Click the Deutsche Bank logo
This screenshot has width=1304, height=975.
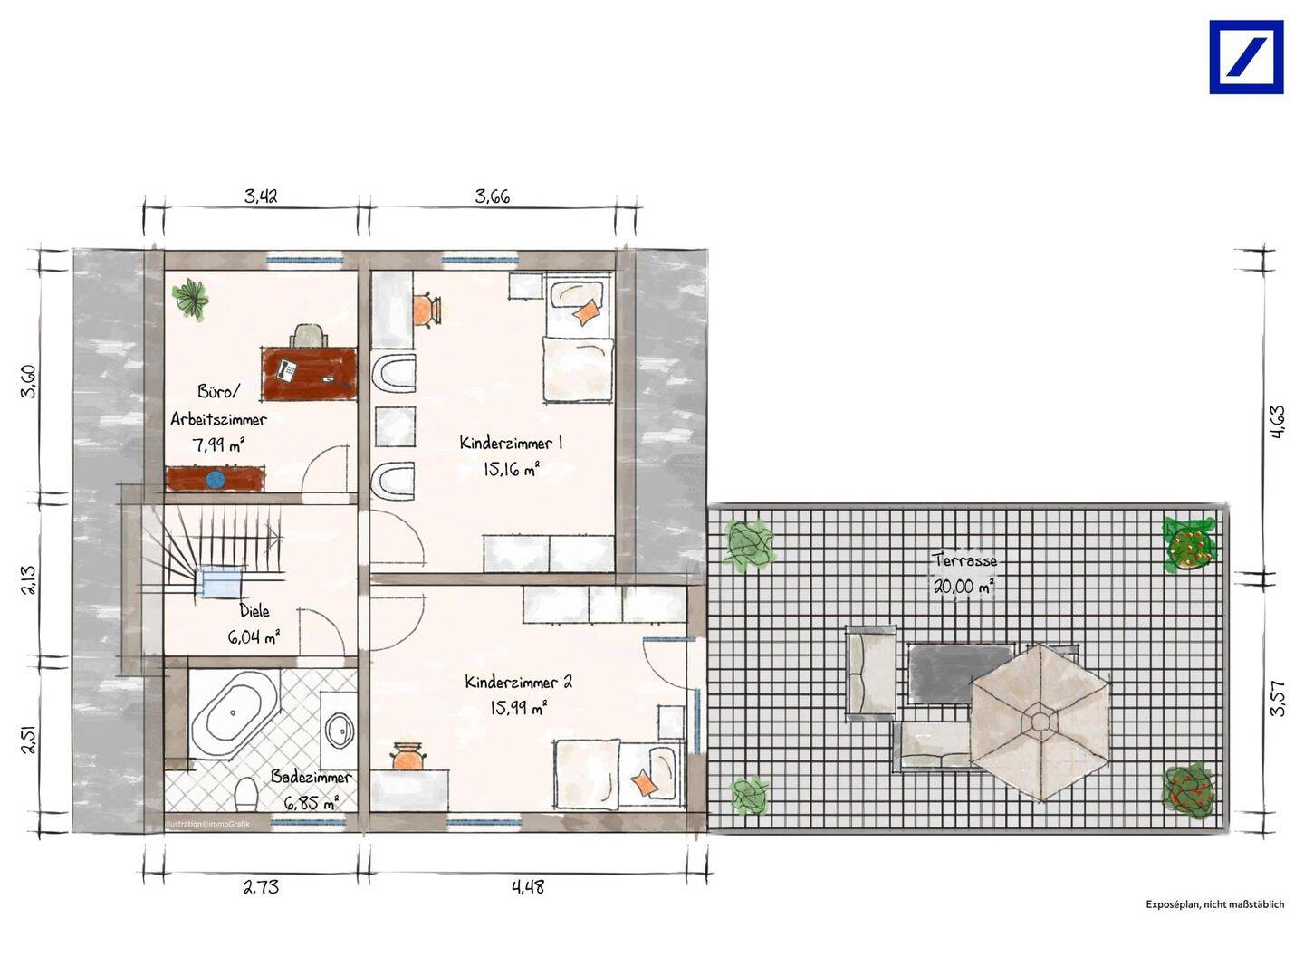pos(1246,57)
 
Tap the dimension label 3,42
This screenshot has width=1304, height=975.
pos(261,196)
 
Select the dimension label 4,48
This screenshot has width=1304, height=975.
pos(528,887)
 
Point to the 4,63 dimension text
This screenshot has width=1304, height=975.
pos(1277,422)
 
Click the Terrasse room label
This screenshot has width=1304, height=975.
pos(964,560)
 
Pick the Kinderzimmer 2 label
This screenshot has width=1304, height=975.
pos(518,683)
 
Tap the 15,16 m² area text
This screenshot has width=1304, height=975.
pos(511,469)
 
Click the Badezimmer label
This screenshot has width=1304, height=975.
pos(312,777)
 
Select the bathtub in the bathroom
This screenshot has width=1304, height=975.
pos(234,713)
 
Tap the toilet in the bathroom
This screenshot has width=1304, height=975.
pos(246,795)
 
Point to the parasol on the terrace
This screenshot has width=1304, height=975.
pos(1040,722)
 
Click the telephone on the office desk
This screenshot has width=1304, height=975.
pos(287,369)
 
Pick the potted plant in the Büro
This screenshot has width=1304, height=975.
pos(191,299)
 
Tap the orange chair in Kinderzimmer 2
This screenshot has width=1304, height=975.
pos(408,757)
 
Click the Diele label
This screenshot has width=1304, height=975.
pos(254,610)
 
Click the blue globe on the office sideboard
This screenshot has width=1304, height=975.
pos(214,479)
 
